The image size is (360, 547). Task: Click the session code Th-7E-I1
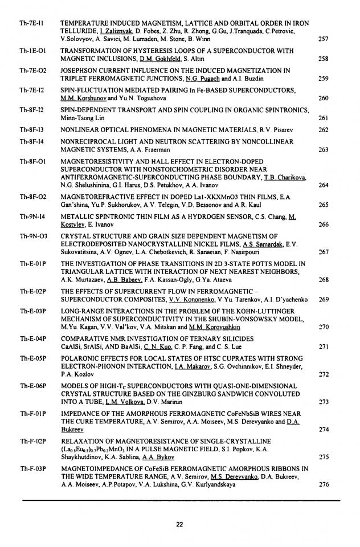(28, 23)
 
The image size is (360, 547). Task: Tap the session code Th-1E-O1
(28, 50)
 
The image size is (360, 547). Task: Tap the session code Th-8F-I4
(28, 141)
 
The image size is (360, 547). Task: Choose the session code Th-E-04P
(30, 338)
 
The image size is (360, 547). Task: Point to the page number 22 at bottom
(180, 524)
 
